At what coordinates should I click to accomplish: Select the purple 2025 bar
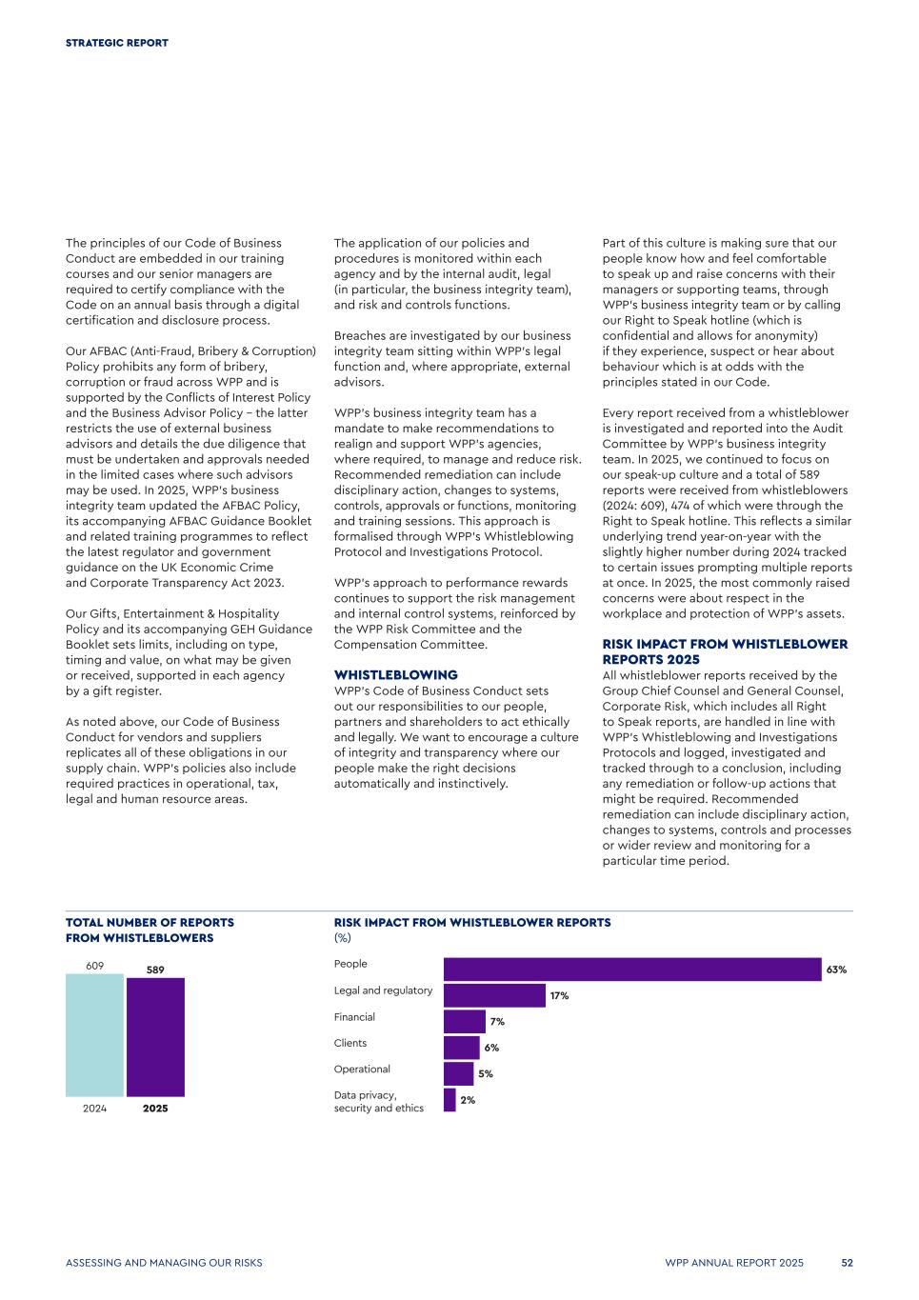[155, 1037]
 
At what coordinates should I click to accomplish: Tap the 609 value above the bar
[94, 966]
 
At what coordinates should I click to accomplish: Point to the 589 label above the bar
[155, 970]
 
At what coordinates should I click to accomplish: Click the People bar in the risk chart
[631, 970]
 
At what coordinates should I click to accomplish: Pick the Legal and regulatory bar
[494, 995]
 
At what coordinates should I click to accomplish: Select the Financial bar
[465, 1022]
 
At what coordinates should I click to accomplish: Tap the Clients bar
[462, 1048]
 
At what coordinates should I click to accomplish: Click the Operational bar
[459, 1073]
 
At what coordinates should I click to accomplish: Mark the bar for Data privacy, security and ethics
[450, 1100]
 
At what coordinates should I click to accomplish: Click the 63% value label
[836, 970]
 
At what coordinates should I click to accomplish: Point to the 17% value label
[559, 996]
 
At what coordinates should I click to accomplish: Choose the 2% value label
[468, 1100]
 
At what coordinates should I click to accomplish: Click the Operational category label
[362, 1070]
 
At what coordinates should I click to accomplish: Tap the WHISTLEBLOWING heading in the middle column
[395, 675]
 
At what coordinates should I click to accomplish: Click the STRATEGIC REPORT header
[117, 43]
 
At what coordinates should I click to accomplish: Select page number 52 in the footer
[847, 1263]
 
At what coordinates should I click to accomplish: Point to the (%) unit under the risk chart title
[342, 938]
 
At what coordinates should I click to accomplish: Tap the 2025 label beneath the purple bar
[155, 1109]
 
